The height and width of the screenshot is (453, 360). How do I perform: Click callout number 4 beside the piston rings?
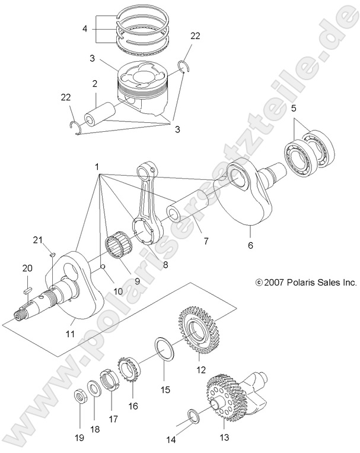click(x=85, y=28)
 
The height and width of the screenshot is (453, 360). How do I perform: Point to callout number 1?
click(x=96, y=167)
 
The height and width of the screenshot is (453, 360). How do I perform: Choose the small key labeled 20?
click(x=26, y=290)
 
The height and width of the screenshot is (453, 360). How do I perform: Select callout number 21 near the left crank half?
click(x=38, y=240)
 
